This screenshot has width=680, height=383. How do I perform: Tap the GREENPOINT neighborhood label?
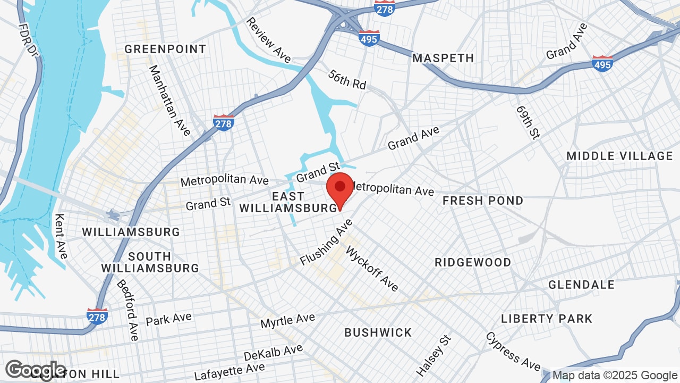coord(165,49)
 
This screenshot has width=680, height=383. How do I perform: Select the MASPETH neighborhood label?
coord(443,58)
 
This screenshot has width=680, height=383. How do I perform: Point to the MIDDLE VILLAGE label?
coord(619,156)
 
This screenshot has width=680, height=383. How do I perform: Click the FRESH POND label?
coord(483,201)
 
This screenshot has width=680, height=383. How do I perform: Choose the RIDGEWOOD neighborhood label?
coord(473,262)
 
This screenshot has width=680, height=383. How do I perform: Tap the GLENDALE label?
coord(581,285)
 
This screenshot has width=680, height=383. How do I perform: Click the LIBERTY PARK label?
coord(547,319)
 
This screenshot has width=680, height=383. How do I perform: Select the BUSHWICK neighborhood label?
coord(378,332)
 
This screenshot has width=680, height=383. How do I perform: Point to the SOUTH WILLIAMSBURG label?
coord(150,262)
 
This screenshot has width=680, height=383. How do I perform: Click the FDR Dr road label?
coord(29,40)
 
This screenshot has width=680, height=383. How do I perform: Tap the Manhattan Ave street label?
coord(169,101)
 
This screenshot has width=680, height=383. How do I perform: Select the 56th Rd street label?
coord(347,79)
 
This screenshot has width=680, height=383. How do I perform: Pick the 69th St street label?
coord(528,122)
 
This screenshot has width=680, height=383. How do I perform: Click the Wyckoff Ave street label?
coord(372,268)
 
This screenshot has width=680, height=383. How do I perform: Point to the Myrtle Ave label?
coord(287,321)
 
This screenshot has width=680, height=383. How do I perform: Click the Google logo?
coord(36,370)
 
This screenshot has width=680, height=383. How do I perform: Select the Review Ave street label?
coord(268,39)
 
